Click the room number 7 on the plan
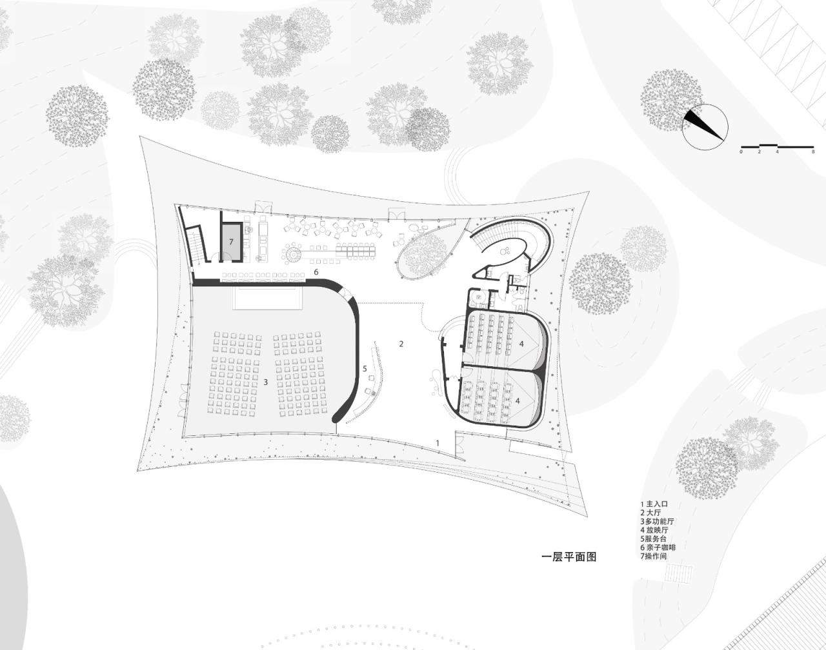(230, 241)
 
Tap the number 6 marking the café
(316, 273)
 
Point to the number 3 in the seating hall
(265, 382)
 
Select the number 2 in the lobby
(401, 344)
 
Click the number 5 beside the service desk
(365, 369)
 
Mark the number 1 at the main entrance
(438, 443)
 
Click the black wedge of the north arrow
(703, 124)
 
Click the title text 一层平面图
(569, 556)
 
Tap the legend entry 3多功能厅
(658, 521)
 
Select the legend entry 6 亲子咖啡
(658, 547)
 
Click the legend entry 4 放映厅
(656, 529)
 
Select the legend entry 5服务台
(655, 538)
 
